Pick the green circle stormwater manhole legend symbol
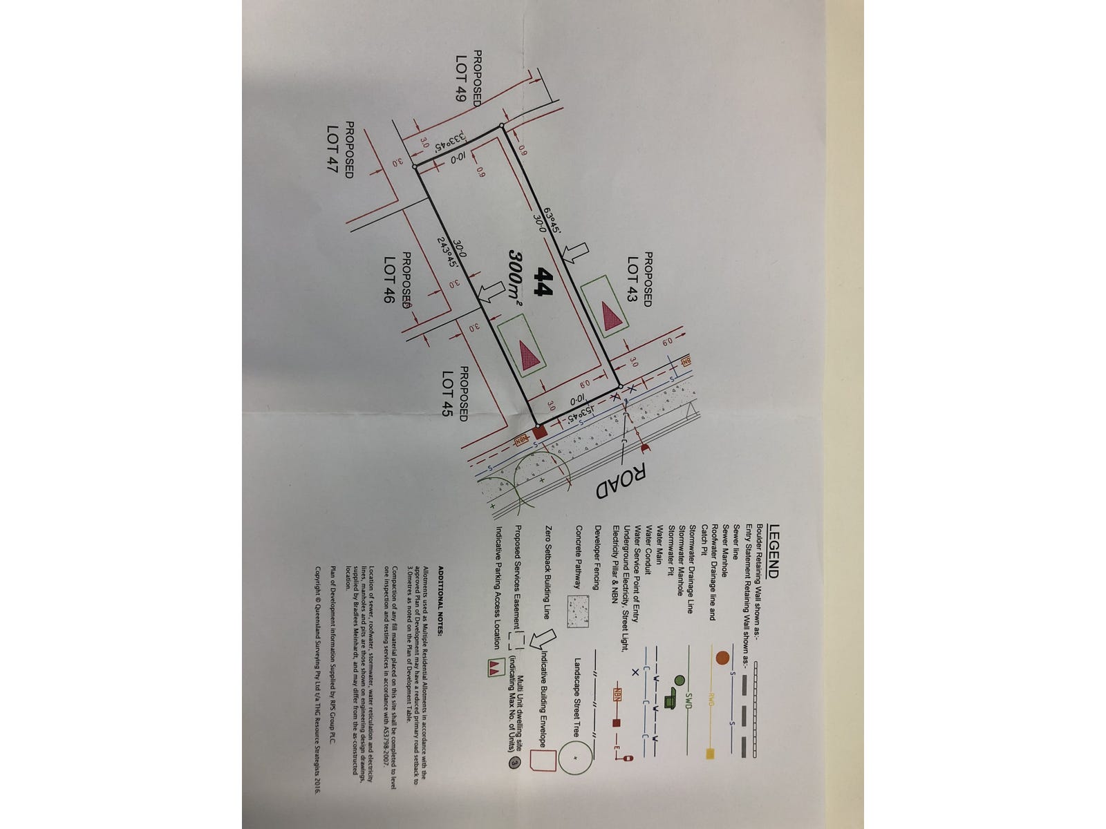click(x=680, y=680)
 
